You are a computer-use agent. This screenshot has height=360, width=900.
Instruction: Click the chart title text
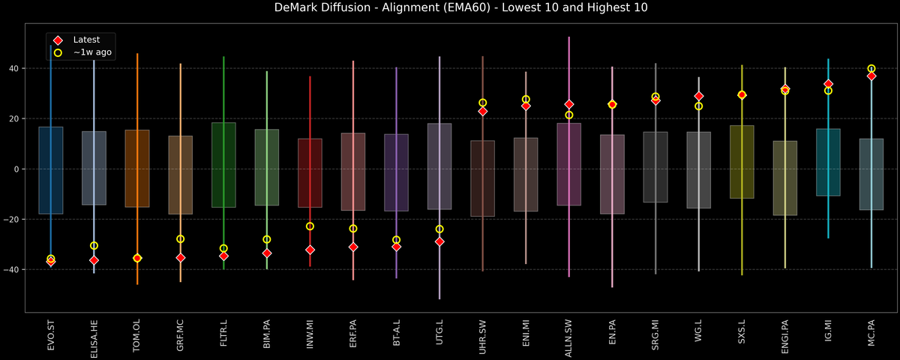pos(450,8)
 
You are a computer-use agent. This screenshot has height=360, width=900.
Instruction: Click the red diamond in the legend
pos(58,40)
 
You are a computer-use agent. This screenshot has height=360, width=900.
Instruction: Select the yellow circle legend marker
pos(58,52)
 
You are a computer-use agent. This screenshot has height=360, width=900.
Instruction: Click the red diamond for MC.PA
pos(871,76)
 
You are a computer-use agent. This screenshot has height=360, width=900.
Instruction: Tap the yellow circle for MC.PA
pos(871,68)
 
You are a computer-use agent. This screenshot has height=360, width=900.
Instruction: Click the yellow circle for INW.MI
pos(310,226)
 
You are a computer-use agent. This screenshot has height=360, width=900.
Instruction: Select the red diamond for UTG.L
pos(439,241)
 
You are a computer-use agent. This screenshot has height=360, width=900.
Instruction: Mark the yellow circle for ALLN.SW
pos(569,115)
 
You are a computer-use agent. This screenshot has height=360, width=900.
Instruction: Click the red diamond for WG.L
pos(699,96)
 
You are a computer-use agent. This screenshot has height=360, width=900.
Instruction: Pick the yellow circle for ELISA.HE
pos(94,245)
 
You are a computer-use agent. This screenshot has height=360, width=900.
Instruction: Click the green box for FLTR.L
pos(223,165)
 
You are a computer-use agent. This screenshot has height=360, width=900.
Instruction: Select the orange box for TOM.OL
pos(137,169)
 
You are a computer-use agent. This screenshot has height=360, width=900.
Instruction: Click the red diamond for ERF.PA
pos(353,247)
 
